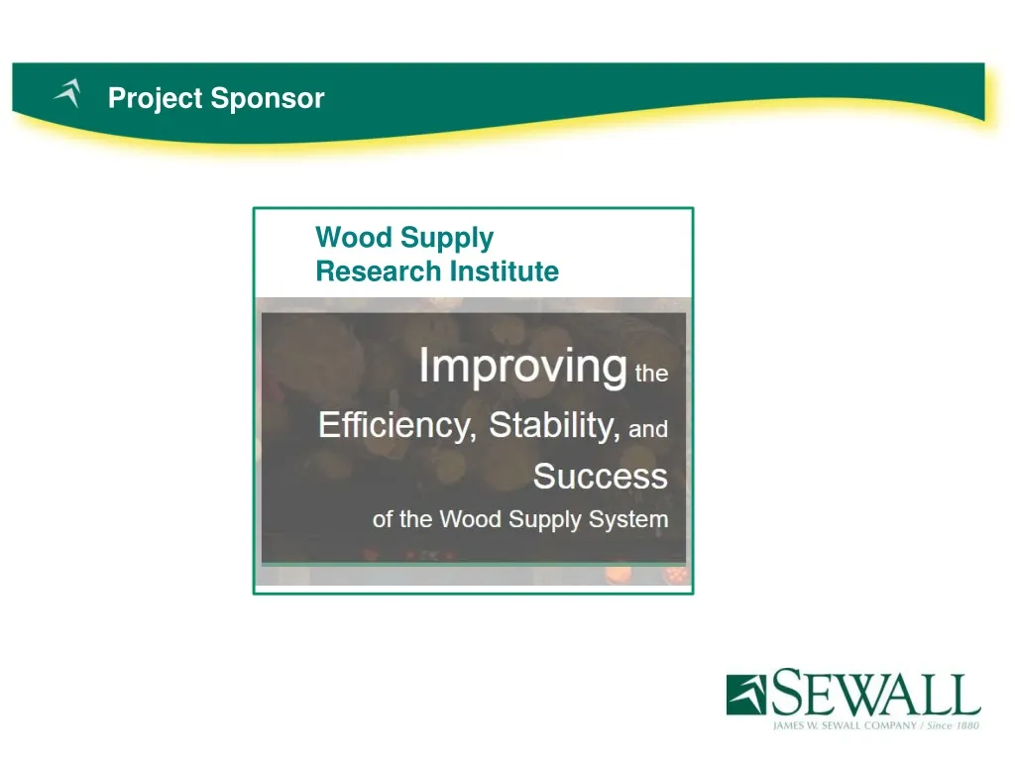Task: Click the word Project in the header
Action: click(146, 99)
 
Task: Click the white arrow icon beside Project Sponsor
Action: click(67, 94)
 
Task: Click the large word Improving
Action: click(522, 367)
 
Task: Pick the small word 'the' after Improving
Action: click(651, 375)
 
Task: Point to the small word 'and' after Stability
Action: click(648, 430)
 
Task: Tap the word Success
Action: click(601, 477)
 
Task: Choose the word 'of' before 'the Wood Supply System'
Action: click(383, 519)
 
